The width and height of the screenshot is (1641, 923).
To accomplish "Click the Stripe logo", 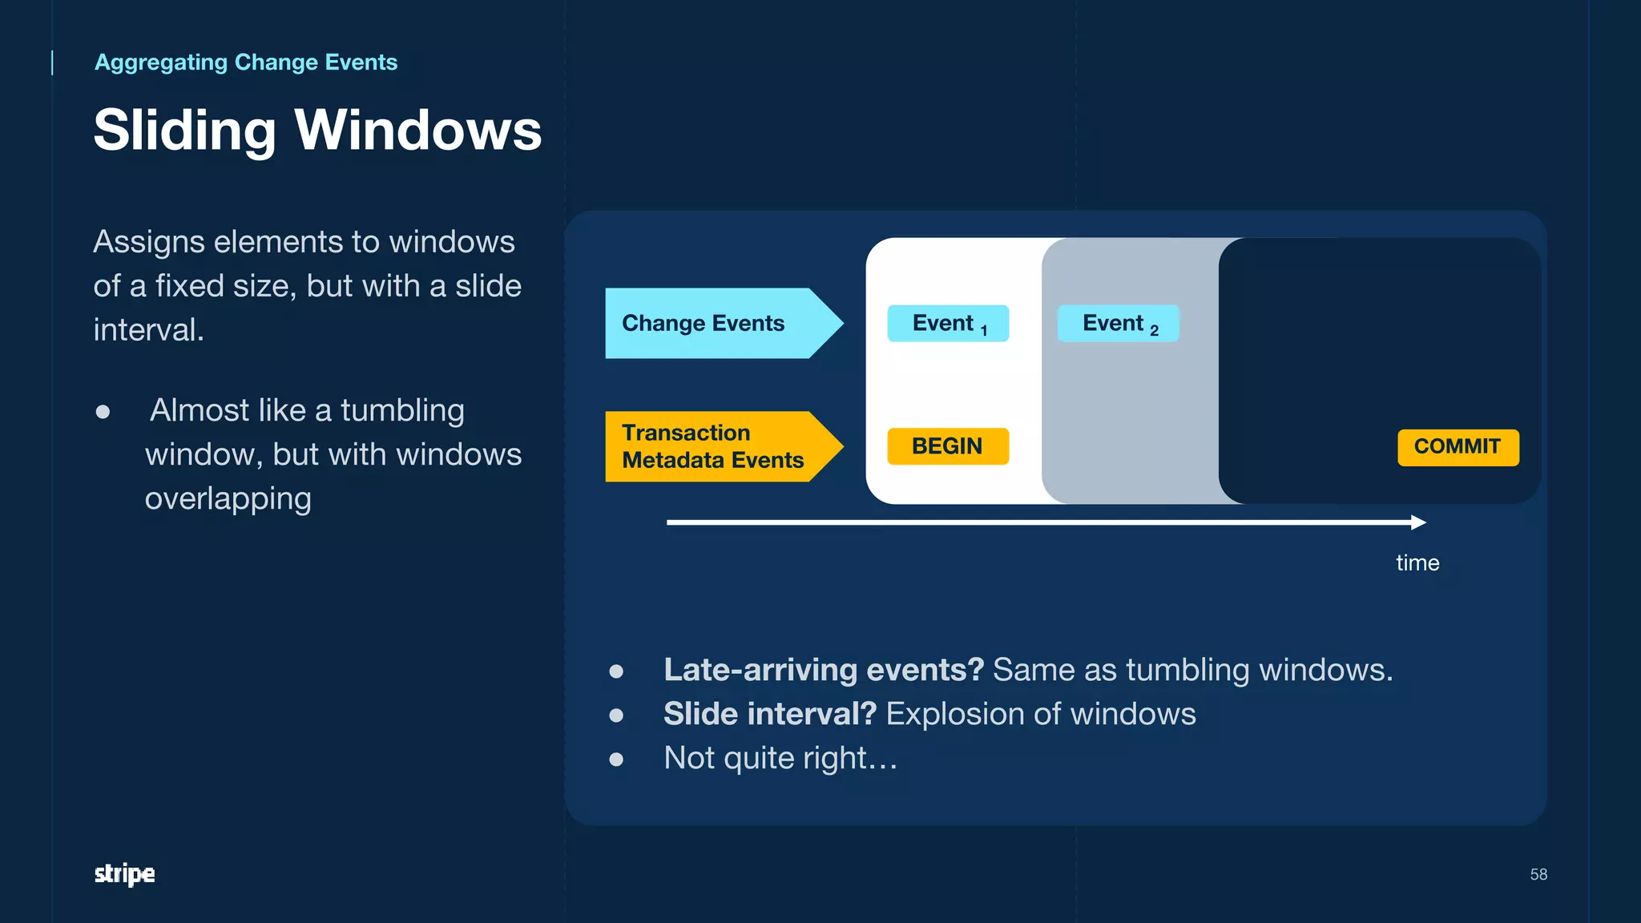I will [124, 873].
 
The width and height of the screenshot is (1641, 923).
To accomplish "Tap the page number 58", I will [1538, 874].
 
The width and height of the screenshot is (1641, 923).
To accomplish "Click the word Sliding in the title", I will [184, 130].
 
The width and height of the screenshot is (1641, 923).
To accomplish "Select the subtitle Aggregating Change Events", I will [246, 62].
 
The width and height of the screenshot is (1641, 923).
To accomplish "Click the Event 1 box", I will [948, 324].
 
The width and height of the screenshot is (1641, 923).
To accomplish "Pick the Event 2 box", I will [1118, 324].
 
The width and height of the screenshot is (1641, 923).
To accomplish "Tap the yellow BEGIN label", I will [947, 446].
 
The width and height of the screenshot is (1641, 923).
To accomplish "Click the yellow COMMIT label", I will [1458, 447].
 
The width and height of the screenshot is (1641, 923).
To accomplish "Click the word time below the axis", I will [1417, 562].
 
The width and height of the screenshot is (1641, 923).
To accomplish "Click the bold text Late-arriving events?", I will [823, 670].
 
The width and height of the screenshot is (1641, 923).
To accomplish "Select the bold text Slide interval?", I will [769, 714].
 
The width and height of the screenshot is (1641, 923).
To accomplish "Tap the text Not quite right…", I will [780, 758].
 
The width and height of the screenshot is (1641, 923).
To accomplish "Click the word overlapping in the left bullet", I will [228, 498].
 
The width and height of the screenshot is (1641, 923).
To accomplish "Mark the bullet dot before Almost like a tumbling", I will [103, 412].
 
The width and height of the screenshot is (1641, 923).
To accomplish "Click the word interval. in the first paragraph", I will [148, 330].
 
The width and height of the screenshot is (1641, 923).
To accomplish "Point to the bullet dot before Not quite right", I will [615, 759].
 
